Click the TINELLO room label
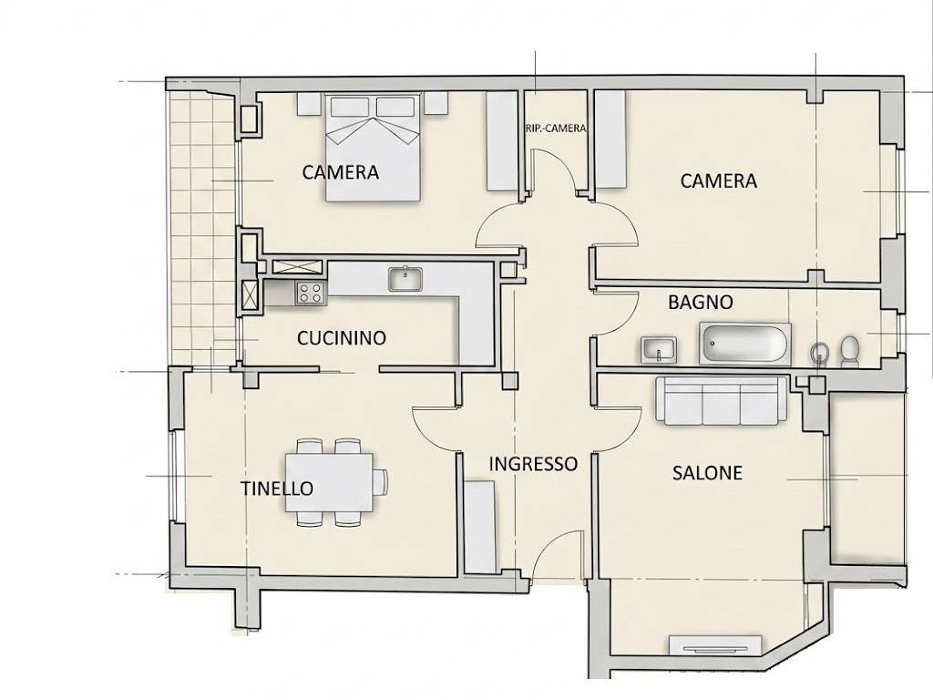pyautogui.click(x=277, y=489)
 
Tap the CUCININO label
pyautogui.click(x=342, y=338)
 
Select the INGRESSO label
pyautogui.click(x=533, y=464)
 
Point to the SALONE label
pyautogui.click(x=707, y=473)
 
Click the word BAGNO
pyautogui.click(x=701, y=302)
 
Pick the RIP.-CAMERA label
pyautogui.click(x=556, y=128)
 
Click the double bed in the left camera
pyautogui.click(x=374, y=147)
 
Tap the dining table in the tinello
pyautogui.click(x=329, y=482)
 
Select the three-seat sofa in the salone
pyautogui.click(x=722, y=401)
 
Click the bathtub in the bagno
pyautogui.click(x=745, y=344)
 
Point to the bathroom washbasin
pyautogui.click(x=660, y=349)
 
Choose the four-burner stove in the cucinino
pyautogui.click(x=312, y=293)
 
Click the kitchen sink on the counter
pyautogui.click(x=405, y=278)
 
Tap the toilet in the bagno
pyautogui.click(x=850, y=351)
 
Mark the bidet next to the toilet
pyautogui.click(x=819, y=353)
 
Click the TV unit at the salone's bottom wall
pyautogui.click(x=715, y=646)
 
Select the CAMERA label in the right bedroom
pyautogui.click(x=719, y=181)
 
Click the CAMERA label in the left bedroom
pyautogui.click(x=341, y=172)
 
